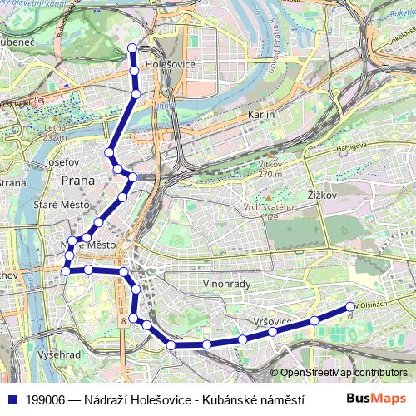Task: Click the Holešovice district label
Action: [x=170, y=63]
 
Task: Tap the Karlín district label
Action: [x=261, y=116]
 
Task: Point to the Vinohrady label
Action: [x=226, y=284]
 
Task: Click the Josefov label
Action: [x=62, y=161]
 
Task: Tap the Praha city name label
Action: [x=78, y=180]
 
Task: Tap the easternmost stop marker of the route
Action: [x=350, y=306]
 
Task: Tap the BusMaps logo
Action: [x=375, y=399]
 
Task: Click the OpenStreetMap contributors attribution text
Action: [x=344, y=373]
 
